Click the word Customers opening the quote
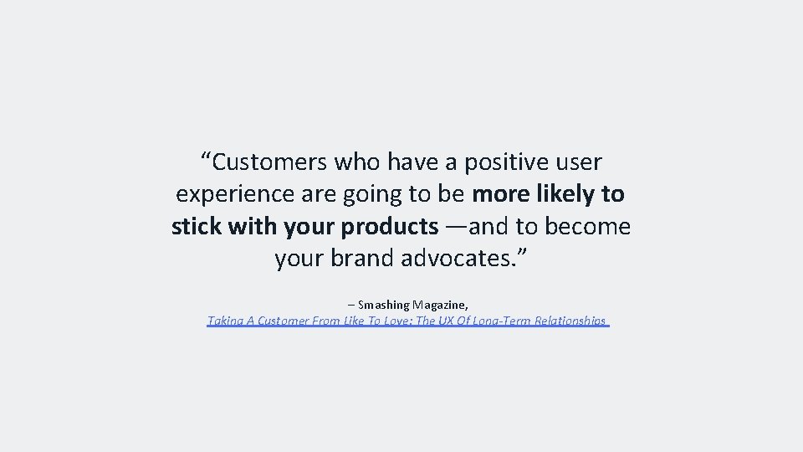267,161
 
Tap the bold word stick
195,227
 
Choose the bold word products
389,227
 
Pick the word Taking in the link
222,321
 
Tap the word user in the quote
576,161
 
